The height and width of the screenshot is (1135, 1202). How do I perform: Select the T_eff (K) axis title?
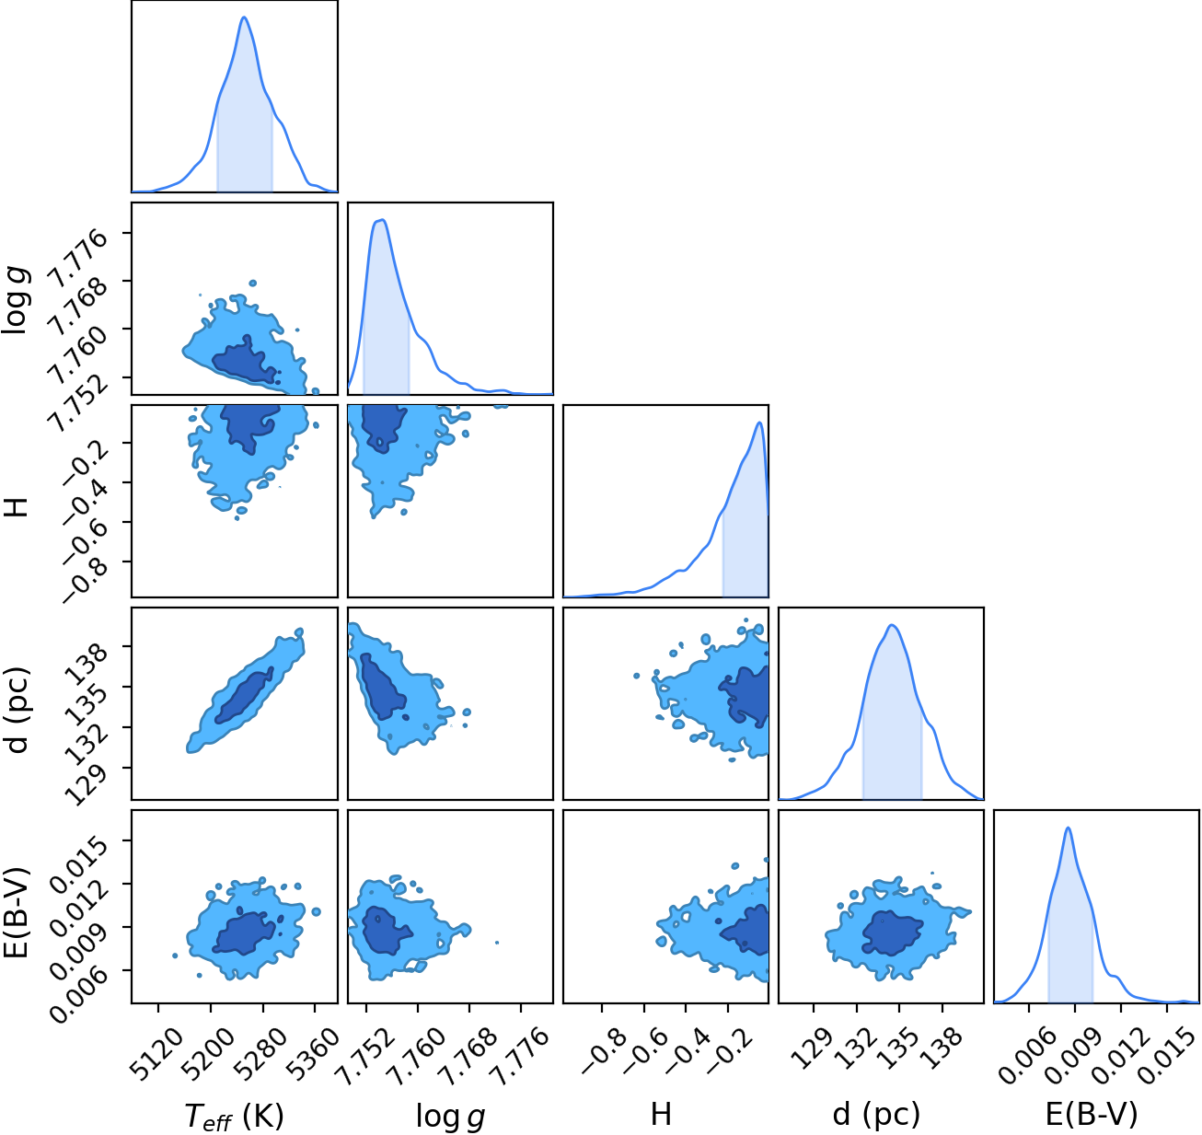click(x=234, y=1116)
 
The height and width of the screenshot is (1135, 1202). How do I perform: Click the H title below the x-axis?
click(x=661, y=1114)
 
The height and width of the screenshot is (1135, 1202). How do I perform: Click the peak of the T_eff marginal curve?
click(x=244, y=17)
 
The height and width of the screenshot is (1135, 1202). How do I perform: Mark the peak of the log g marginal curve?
click(x=381, y=220)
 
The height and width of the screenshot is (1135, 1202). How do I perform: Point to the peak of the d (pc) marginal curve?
click(x=891, y=625)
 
